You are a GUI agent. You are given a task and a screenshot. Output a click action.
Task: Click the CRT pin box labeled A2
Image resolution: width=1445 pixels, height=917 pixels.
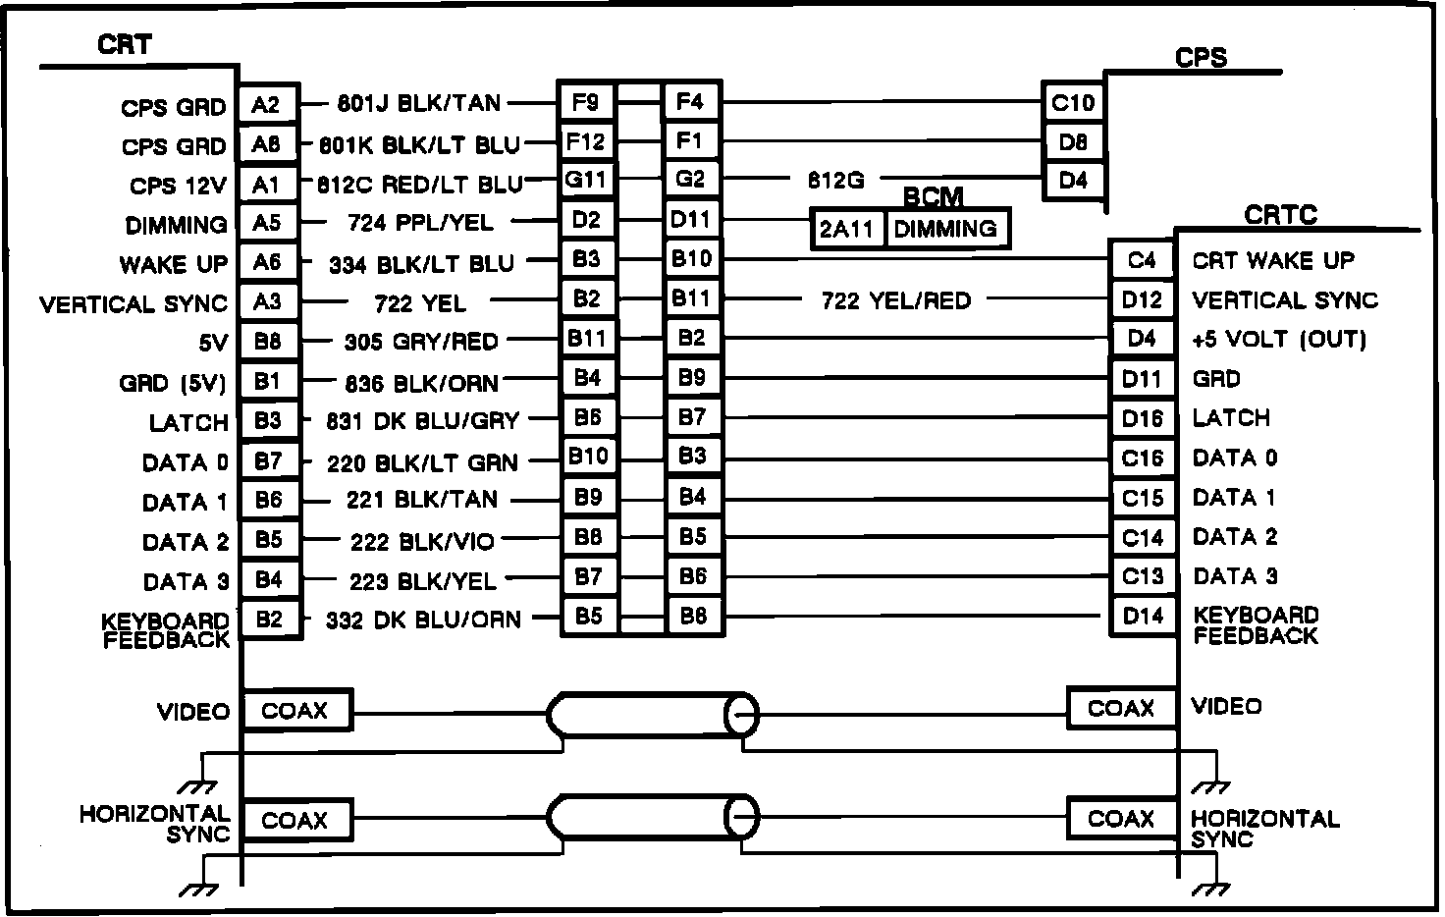(267, 104)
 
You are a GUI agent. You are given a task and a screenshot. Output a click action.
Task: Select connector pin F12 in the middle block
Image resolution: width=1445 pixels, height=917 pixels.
(586, 141)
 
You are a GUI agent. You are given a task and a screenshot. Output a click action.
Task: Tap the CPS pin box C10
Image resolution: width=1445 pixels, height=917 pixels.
(1073, 102)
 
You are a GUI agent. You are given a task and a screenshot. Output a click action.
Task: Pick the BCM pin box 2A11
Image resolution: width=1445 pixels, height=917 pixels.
(846, 230)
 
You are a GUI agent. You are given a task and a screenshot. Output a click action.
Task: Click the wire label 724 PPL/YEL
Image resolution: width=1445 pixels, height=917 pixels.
(420, 223)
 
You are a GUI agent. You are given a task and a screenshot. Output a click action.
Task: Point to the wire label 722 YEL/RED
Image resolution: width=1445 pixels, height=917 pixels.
(895, 300)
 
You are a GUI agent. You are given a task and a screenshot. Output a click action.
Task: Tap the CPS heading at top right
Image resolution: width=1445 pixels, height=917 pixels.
(1201, 57)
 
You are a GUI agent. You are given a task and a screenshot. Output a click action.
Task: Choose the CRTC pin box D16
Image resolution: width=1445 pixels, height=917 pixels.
(1142, 419)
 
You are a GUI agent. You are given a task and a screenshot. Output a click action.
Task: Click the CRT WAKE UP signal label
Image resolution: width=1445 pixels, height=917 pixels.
(1272, 261)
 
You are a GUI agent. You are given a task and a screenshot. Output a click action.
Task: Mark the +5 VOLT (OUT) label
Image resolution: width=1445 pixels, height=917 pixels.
(1279, 340)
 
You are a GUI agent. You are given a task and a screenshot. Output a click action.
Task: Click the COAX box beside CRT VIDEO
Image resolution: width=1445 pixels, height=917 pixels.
(294, 710)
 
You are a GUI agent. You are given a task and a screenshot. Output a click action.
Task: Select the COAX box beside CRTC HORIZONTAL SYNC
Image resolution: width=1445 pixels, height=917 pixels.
(1120, 818)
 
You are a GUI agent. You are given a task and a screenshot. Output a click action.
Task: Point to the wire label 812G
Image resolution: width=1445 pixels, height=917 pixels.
(835, 181)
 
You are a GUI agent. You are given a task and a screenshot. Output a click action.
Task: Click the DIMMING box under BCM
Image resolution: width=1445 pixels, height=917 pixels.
(945, 230)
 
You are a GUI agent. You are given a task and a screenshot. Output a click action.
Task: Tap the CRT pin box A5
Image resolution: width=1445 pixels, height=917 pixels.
(267, 223)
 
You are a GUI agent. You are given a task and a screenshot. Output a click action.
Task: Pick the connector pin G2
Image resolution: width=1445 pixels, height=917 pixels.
(691, 180)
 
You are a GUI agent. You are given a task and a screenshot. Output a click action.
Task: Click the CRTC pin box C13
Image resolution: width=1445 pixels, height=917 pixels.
(1142, 576)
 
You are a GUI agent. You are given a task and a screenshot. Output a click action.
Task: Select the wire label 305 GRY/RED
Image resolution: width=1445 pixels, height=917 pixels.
(421, 342)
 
